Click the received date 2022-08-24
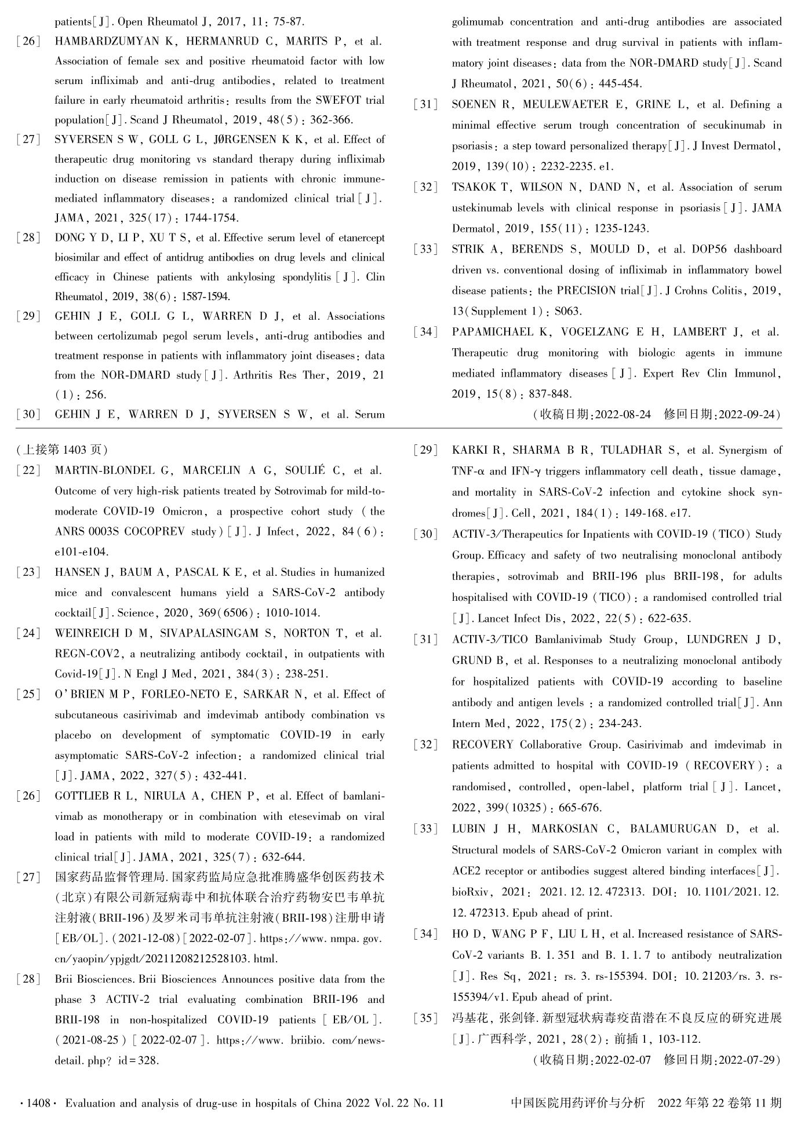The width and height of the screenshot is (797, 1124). [x=623, y=415]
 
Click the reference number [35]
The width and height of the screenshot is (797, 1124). [x=426, y=1017]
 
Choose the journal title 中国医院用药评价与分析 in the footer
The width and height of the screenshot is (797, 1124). [x=578, y=1103]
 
